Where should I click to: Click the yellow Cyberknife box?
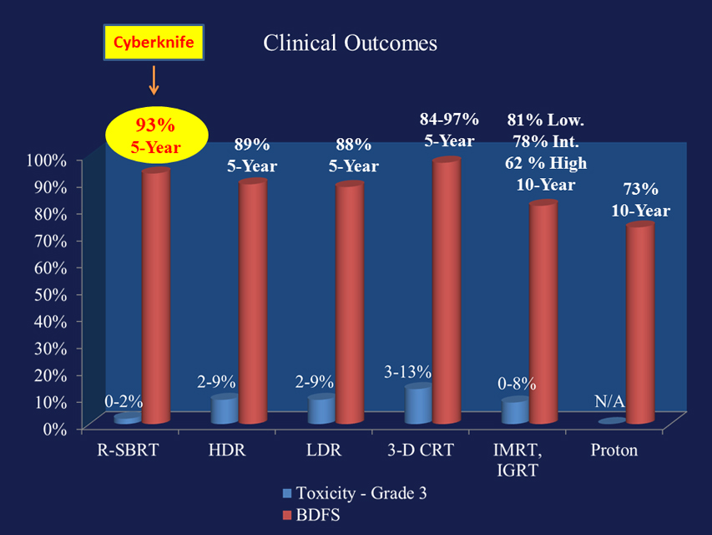154,43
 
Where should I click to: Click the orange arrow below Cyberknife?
154,80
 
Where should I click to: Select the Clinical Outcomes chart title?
350,43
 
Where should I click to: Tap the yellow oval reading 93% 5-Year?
157,135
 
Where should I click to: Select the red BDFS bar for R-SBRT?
156,296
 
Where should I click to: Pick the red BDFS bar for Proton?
640,323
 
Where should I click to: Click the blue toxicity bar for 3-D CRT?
418,404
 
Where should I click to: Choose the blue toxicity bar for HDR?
225,409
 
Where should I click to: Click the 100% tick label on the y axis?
48,160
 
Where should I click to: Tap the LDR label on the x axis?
324,450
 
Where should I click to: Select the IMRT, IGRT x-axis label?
518,460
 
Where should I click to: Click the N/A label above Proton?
610,401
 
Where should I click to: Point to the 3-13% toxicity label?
408,372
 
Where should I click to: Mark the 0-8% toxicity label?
517,384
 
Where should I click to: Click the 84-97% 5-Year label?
449,130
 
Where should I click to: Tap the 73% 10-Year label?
641,200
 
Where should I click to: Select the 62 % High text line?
546,163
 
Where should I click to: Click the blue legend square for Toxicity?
287,493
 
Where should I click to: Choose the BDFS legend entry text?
318,515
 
